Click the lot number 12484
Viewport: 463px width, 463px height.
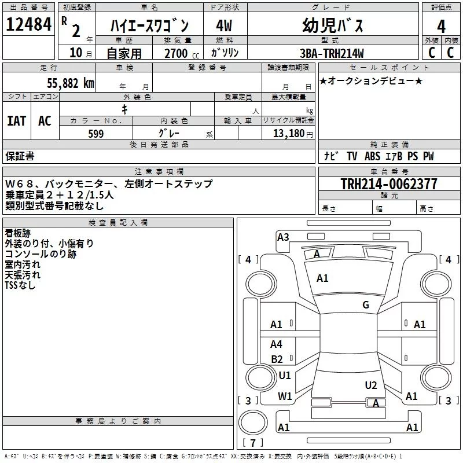tap(30, 25)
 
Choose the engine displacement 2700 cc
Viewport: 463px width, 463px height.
tap(177, 53)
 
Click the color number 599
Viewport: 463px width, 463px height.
tap(95, 134)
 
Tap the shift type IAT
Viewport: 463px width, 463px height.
tap(16, 120)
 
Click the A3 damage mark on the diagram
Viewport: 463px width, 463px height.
tap(283, 237)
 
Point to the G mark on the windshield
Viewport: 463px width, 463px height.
tap(365, 305)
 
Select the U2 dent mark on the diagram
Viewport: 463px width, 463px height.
tap(371, 385)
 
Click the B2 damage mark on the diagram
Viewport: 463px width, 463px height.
tap(277, 359)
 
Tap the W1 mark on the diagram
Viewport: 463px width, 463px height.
tap(285, 396)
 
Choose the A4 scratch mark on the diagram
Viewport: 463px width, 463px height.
tap(277, 344)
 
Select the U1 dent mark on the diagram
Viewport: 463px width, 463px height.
tap(285, 376)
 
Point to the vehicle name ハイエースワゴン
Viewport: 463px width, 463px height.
tap(149, 26)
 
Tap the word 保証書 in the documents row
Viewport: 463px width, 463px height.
tap(20, 156)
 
